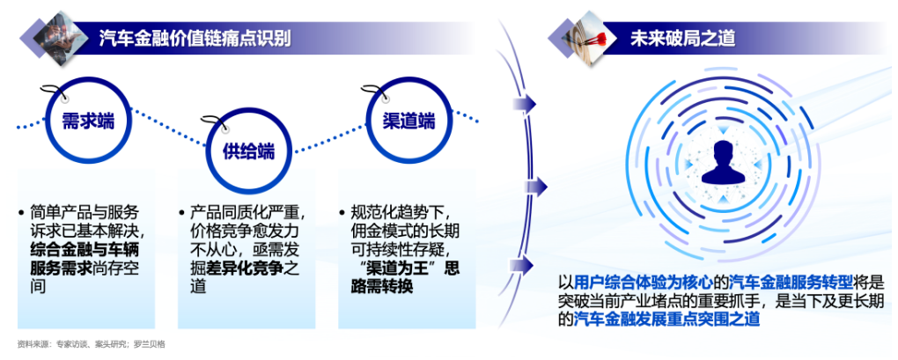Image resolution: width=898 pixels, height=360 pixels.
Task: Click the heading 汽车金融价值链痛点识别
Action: pos(195,39)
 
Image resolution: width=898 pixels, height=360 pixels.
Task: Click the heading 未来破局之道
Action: pos(682,39)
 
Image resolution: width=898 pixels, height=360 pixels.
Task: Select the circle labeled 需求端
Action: pos(88,121)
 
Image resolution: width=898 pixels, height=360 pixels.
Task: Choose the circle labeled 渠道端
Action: pos(409,121)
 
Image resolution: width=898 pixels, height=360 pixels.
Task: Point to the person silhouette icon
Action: pos(724,163)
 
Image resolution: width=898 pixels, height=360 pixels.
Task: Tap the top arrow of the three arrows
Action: pos(525,104)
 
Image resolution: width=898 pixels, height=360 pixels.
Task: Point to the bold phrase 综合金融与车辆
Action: pos(85,250)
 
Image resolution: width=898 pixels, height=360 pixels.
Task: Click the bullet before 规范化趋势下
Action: pos(343,213)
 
